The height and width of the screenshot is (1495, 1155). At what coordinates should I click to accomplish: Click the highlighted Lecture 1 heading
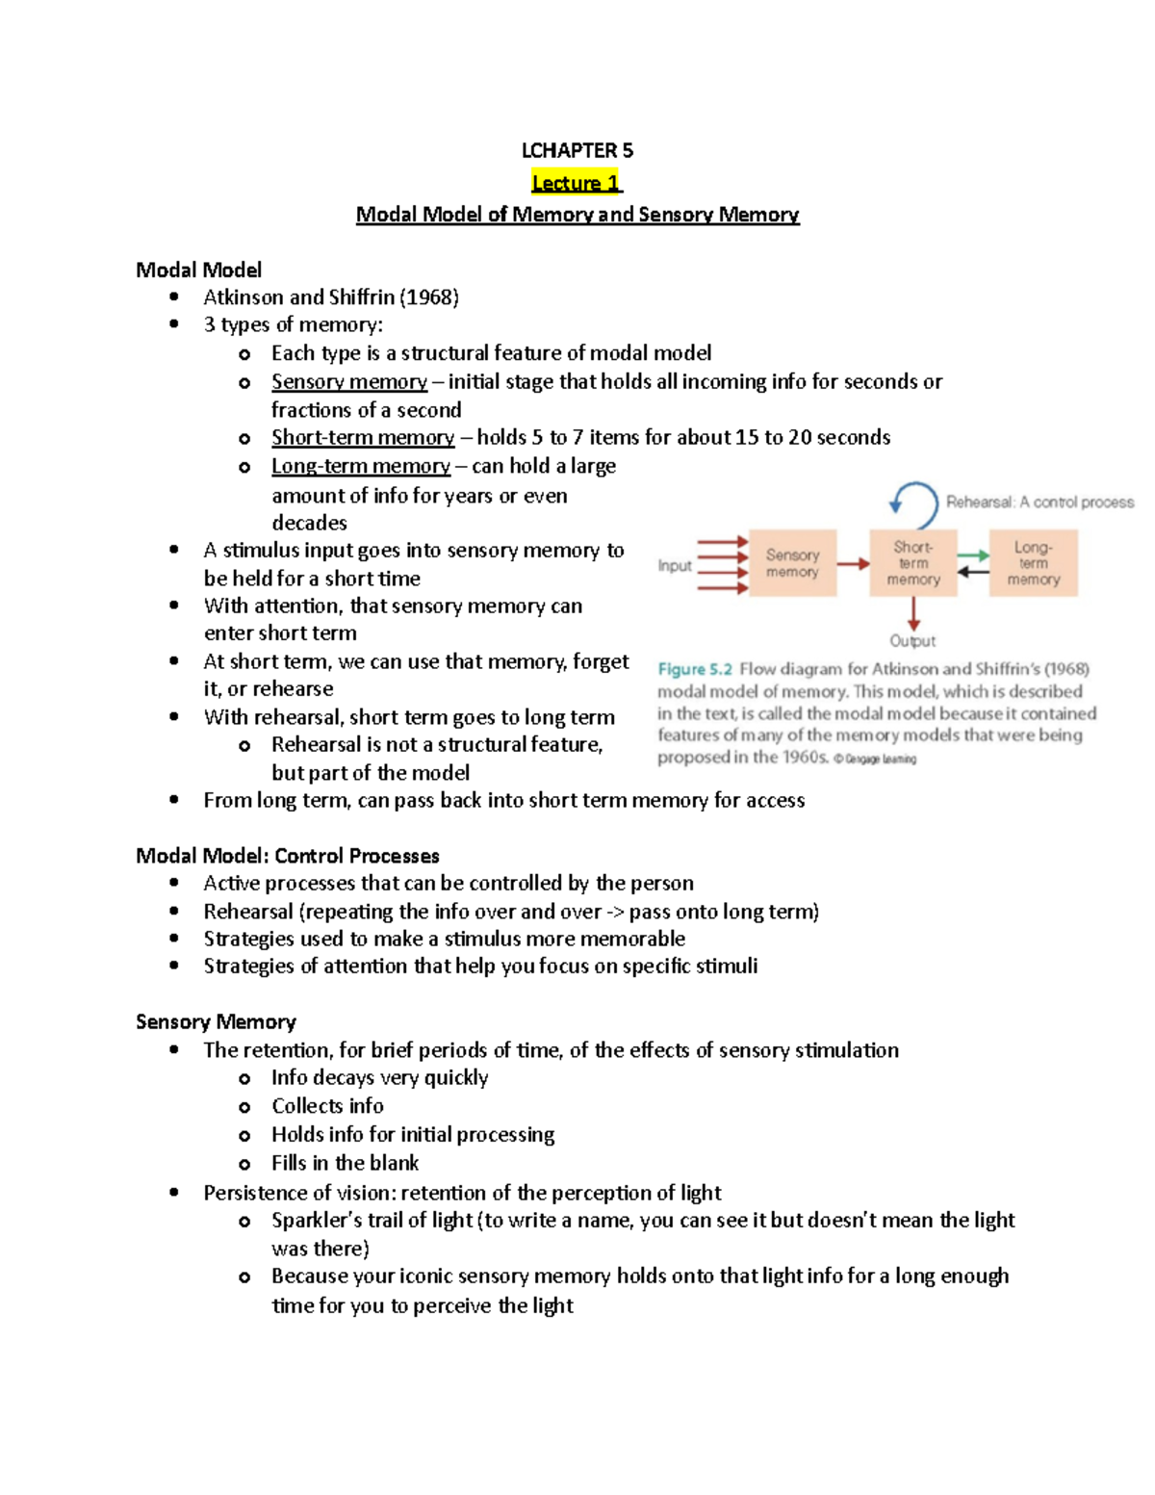tap(577, 183)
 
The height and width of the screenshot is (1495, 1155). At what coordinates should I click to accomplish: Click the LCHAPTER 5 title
tap(577, 150)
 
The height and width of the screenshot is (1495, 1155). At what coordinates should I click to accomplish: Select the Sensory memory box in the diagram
tap(792, 563)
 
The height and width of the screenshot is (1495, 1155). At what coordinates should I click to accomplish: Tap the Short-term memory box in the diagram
tap(912, 563)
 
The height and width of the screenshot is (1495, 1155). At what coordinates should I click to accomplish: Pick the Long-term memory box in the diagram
tap(1033, 563)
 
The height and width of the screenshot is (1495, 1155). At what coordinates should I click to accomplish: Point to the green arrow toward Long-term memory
tap(973, 555)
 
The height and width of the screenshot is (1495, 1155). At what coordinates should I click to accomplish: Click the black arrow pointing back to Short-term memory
tap(973, 572)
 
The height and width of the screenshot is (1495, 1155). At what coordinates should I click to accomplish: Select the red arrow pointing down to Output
tap(913, 613)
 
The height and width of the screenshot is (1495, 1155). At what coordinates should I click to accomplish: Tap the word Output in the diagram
tap(912, 641)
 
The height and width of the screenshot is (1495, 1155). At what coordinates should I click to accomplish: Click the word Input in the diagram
tap(675, 566)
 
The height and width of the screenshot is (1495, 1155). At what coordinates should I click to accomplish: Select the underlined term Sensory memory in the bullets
tap(349, 382)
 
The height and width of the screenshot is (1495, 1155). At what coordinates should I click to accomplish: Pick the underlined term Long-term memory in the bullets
tap(361, 467)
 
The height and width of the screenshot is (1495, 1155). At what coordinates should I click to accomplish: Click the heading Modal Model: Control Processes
tap(288, 856)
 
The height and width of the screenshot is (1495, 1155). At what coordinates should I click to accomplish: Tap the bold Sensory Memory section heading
tap(216, 1022)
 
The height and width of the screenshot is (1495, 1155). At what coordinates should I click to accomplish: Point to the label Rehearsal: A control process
tap(1039, 503)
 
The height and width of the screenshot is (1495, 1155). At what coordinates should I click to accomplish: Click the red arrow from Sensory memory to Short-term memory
tap(853, 564)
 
